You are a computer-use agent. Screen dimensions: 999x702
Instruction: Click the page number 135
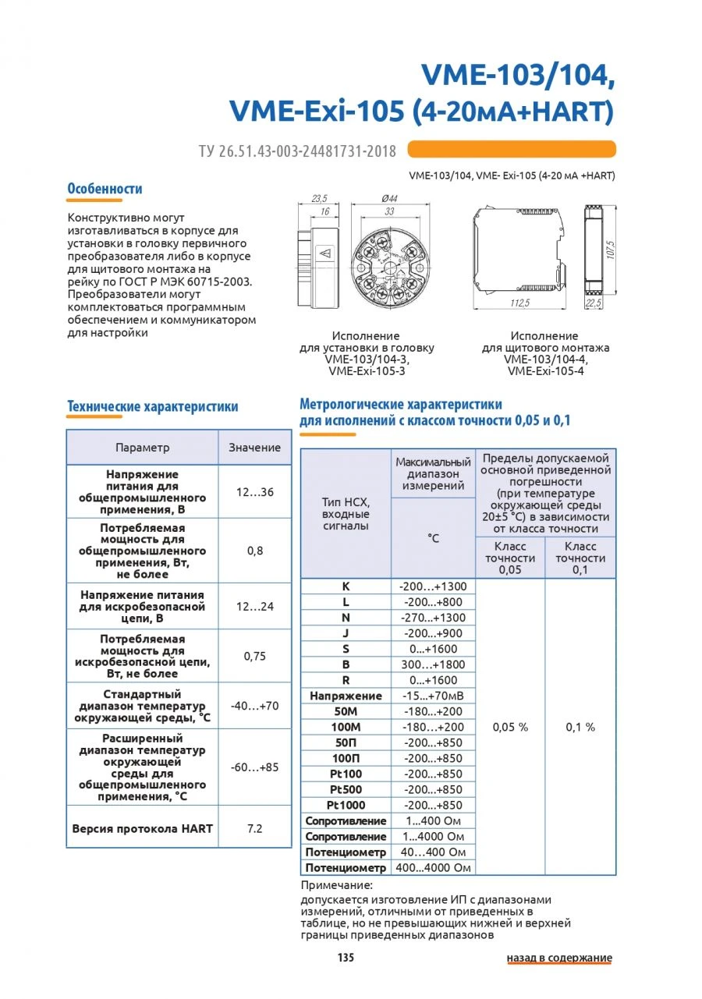pyautogui.click(x=346, y=958)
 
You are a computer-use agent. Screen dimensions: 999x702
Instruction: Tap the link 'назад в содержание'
pyautogui.click(x=559, y=958)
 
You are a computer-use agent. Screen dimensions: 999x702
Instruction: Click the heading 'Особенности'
pyautogui.click(x=105, y=189)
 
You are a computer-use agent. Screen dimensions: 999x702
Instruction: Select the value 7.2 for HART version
pyautogui.click(x=254, y=828)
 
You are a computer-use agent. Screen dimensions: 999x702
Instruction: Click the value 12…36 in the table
pyautogui.click(x=254, y=492)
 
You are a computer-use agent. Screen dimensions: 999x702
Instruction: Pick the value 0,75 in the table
pyautogui.click(x=254, y=656)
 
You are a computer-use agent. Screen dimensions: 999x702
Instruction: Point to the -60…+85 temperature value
pyautogui.click(x=254, y=767)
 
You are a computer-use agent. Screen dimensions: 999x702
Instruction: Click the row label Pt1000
pyautogui.click(x=345, y=805)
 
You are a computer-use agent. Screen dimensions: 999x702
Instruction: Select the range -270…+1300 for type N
pyautogui.click(x=433, y=618)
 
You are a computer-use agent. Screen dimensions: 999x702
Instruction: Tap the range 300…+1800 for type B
pyautogui.click(x=433, y=664)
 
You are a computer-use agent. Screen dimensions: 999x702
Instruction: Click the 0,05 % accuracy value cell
pyautogui.click(x=510, y=727)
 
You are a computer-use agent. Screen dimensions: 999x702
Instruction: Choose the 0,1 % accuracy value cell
pyautogui.click(x=580, y=727)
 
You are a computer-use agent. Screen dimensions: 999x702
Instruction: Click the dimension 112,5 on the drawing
pyautogui.click(x=519, y=303)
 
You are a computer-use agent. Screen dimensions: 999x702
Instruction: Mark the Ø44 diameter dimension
pyautogui.click(x=388, y=199)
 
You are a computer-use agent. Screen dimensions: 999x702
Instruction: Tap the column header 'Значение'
pyautogui.click(x=254, y=448)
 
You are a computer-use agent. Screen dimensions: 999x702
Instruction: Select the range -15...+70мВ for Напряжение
pyautogui.click(x=433, y=696)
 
